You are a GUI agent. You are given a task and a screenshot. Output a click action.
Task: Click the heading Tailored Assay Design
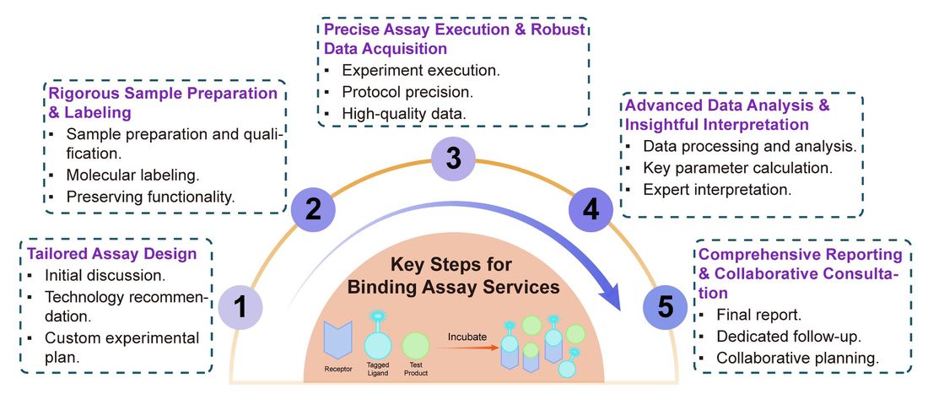(112, 254)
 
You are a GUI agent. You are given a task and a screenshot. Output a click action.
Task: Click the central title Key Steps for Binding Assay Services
(456, 277)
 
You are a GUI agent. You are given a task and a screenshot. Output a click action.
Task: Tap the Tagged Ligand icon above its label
(377, 344)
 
